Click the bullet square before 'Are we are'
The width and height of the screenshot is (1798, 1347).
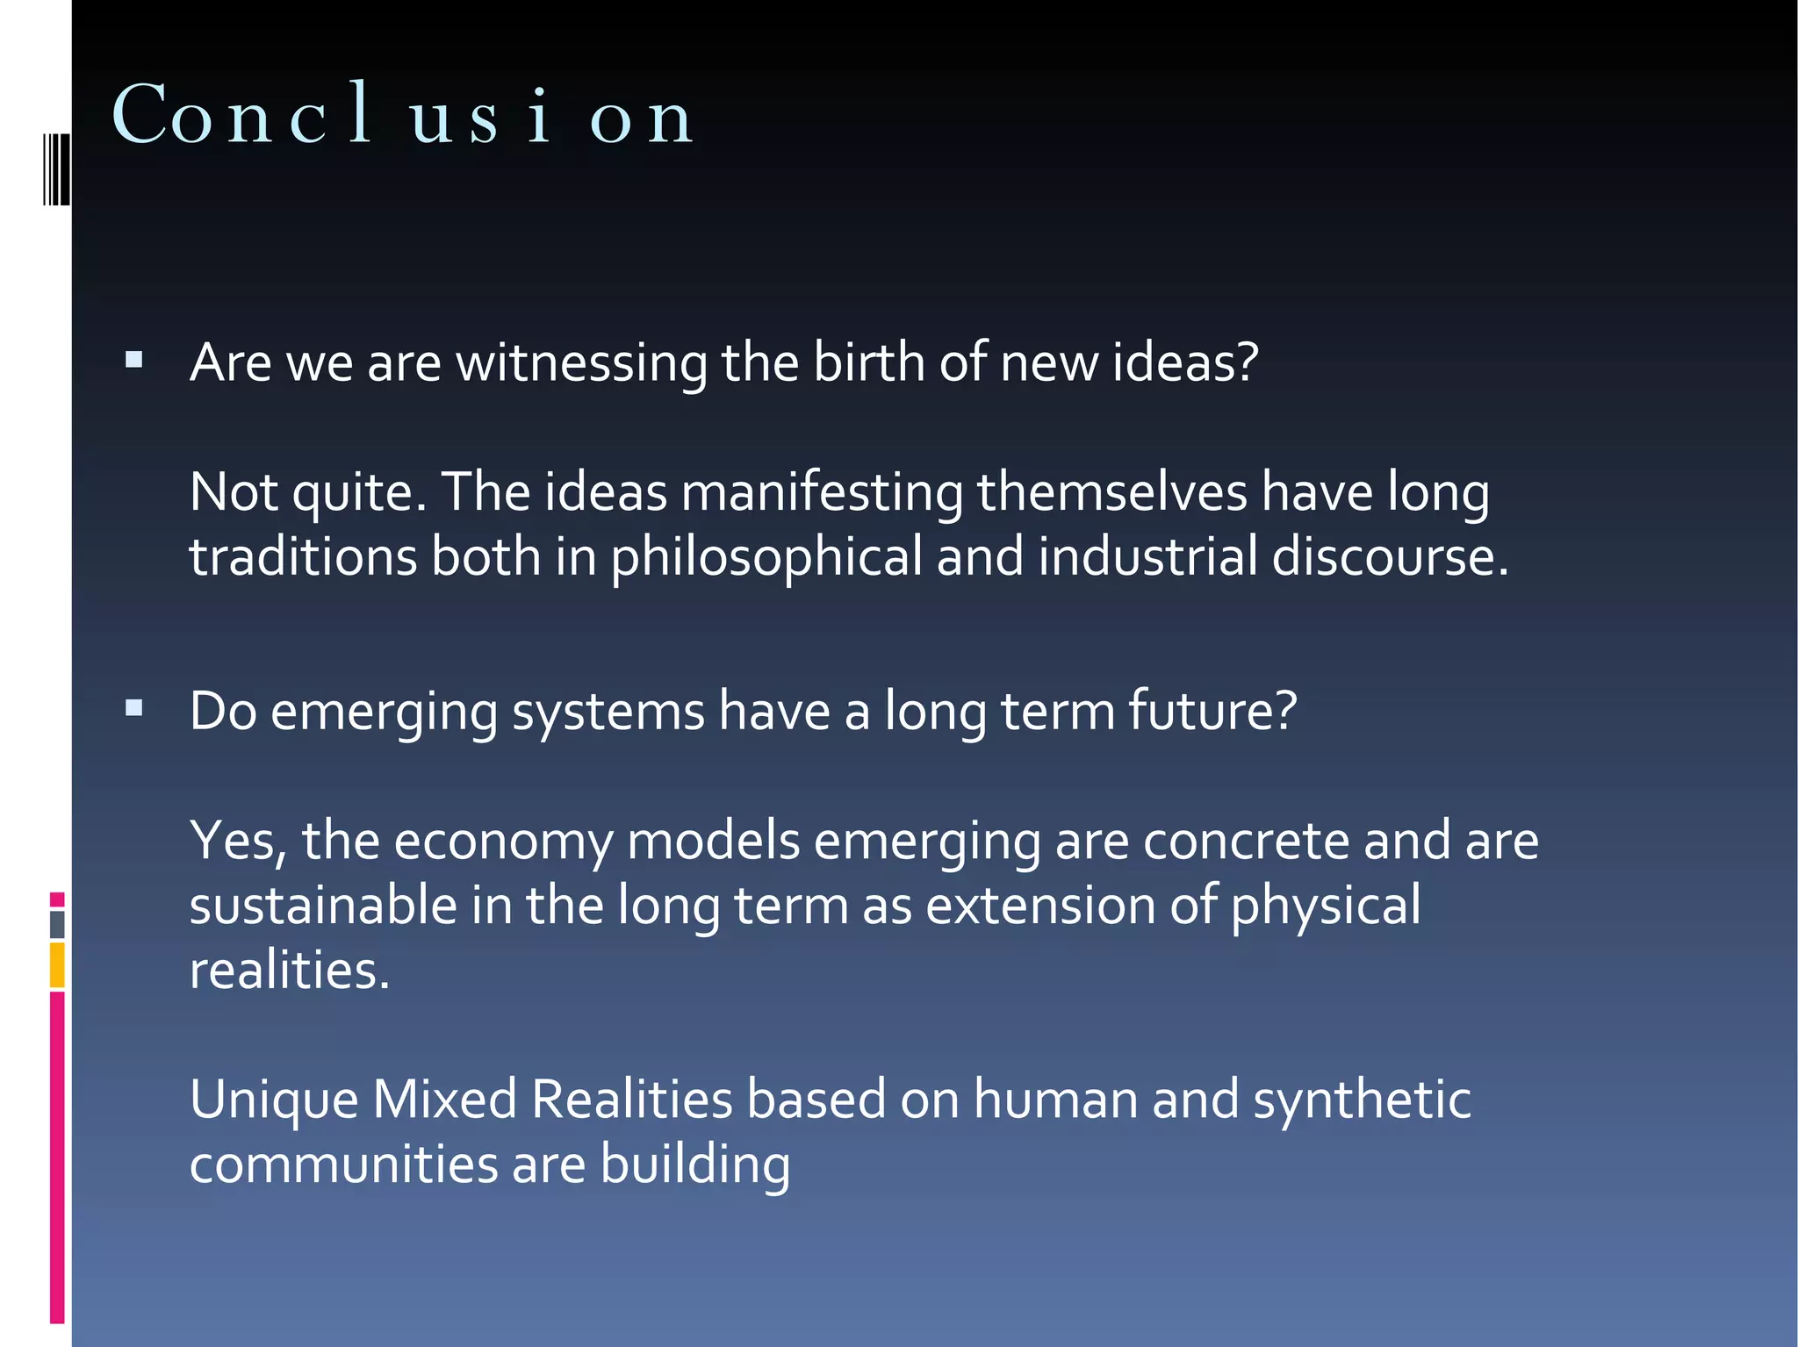(134, 359)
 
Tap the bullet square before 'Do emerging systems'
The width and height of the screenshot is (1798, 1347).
(134, 707)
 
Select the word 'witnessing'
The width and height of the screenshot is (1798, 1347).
(581, 362)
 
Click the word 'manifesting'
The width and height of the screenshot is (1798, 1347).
(822, 491)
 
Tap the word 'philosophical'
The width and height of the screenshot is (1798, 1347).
(766, 558)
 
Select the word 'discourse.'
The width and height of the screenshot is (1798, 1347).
(1390, 556)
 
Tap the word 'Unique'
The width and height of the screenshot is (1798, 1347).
(274, 1100)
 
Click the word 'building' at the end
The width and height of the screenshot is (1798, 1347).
(695, 1165)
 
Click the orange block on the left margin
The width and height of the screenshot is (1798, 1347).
(57, 964)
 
